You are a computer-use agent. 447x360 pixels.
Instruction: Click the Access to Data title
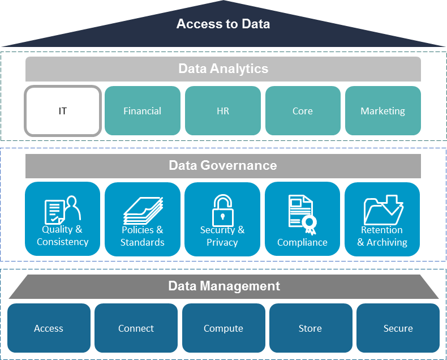pyautogui.click(x=223, y=24)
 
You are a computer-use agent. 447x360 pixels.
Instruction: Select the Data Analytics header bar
pyautogui.click(x=223, y=69)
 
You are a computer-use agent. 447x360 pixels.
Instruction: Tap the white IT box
pyautogui.click(x=63, y=111)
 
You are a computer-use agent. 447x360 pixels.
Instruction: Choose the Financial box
pyautogui.click(x=143, y=111)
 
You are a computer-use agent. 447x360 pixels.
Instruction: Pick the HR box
pyautogui.click(x=223, y=111)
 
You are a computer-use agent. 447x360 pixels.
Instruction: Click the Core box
pyautogui.click(x=303, y=111)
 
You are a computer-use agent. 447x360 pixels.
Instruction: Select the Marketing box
pyautogui.click(x=383, y=111)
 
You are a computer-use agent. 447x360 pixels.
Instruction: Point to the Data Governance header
pyautogui.click(x=223, y=166)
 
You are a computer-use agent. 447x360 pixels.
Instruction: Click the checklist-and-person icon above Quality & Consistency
pyautogui.click(x=63, y=209)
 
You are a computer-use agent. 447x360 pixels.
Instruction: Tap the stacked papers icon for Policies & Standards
pyautogui.click(x=143, y=211)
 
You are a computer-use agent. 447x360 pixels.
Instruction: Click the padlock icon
pyautogui.click(x=222, y=209)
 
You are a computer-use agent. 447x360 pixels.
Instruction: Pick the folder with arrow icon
pyautogui.click(x=382, y=209)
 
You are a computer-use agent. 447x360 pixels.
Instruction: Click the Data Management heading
pyautogui.click(x=224, y=286)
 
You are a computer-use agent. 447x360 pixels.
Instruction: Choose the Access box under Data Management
pyautogui.click(x=49, y=328)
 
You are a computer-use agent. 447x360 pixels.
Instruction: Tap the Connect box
pyautogui.click(x=136, y=328)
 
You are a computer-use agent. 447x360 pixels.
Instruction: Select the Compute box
pyautogui.click(x=223, y=328)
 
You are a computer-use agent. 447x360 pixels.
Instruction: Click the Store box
pyautogui.click(x=310, y=328)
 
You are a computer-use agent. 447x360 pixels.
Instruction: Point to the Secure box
pyautogui.click(x=398, y=328)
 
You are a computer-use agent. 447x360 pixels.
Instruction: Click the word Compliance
pyautogui.click(x=302, y=242)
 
